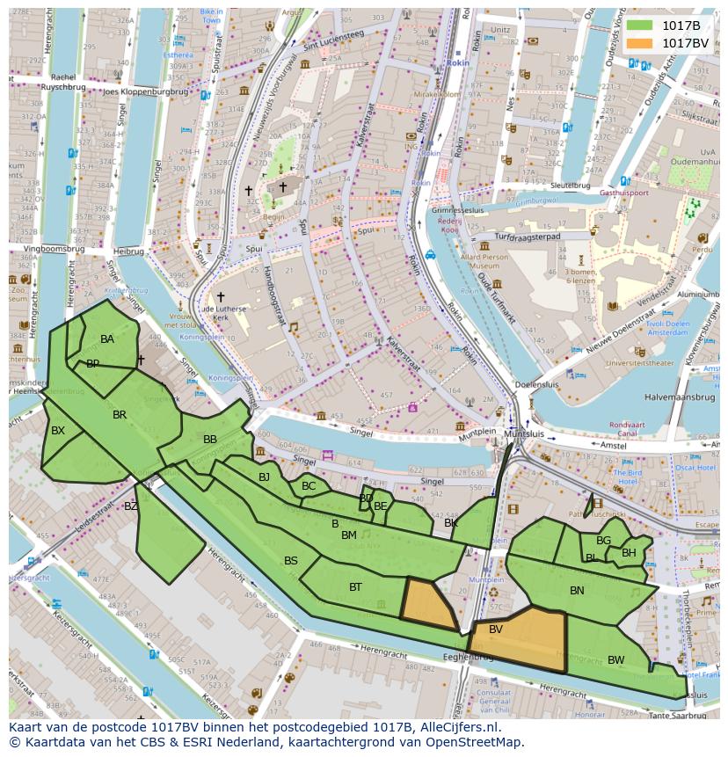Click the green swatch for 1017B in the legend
tap(639, 26)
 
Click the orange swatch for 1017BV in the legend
tap(639, 43)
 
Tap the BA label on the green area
tap(107, 339)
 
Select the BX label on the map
tap(58, 431)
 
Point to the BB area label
tap(210, 440)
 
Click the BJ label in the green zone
tap(264, 477)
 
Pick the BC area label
tap(309, 486)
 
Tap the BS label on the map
tap(291, 561)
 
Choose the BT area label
tap(355, 587)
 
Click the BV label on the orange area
tap(496, 630)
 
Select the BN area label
tap(577, 591)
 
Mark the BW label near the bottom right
tap(616, 659)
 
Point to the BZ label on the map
tap(131, 506)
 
